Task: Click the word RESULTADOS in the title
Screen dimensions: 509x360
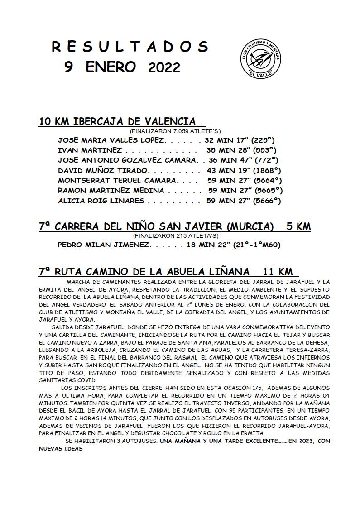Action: [x=130, y=47]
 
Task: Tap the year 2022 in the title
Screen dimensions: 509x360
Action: [x=164, y=68]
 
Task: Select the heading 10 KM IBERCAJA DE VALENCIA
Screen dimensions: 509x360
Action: [x=118, y=121]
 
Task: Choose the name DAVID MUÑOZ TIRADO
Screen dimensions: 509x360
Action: [x=103, y=171]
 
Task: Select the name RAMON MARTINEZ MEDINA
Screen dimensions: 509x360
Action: [x=111, y=191]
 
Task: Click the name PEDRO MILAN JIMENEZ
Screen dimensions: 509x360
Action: [x=104, y=245]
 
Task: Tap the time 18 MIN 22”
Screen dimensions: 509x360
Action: [x=208, y=245]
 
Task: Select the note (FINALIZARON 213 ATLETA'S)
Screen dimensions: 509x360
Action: [x=176, y=236]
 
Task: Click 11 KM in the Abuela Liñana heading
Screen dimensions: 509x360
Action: [x=278, y=272]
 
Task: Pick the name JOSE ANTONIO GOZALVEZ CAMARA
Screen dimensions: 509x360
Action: [x=128, y=160]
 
